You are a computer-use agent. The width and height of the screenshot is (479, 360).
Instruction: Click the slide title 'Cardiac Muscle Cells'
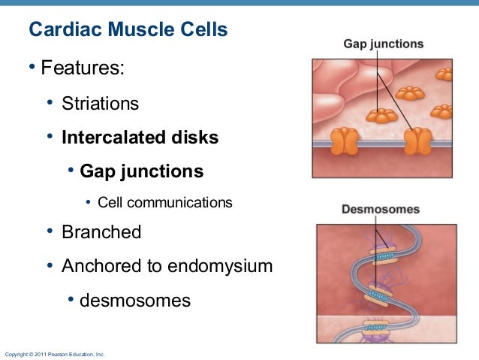(x=128, y=31)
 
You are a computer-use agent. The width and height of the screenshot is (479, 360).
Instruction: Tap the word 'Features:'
(x=83, y=69)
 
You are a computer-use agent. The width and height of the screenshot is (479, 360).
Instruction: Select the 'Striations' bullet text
(x=100, y=103)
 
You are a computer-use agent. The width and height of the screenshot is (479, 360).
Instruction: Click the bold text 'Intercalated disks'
(x=140, y=138)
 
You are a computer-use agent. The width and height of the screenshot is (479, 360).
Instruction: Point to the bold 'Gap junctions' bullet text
(x=141, y=171)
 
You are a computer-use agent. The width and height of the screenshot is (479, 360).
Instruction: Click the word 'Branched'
(x=101, y=232)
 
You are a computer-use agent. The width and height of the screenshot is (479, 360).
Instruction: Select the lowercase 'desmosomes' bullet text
(x=135, y=301)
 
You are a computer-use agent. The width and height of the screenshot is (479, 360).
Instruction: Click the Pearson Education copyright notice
(x=55, y=353)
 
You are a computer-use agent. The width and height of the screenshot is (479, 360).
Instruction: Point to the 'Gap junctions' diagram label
(x=383, y=44)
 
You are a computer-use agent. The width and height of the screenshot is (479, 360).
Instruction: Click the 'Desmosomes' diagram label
(x=381, y=209)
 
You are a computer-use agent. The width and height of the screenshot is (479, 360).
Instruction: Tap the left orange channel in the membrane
(x=346, y=141)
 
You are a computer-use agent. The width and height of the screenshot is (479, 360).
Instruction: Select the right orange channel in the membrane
(x=418, y=141)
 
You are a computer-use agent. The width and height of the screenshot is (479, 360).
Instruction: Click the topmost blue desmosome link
(x=385, y=256)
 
